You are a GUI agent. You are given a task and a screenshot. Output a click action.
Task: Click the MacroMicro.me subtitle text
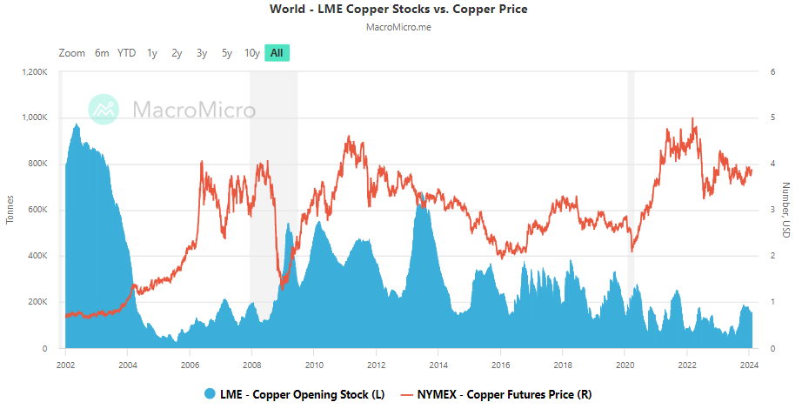click(x=400, y=27)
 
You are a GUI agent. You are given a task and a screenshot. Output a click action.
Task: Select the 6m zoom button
click(x=102, y=53)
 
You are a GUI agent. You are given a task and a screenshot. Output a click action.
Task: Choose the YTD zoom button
click(x=127, y=53)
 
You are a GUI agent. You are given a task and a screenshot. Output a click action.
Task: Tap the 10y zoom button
click(x=251, y=53)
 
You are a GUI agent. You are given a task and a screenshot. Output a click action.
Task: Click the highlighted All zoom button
click(x=277, y=53)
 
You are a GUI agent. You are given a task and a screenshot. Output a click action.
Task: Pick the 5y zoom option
click(x=226, y=53)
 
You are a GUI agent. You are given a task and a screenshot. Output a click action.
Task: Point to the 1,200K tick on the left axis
click(x=33, y=71)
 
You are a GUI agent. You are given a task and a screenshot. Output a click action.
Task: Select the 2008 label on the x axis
click(x=251, y=365)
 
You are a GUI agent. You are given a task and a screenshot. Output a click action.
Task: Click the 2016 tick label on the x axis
click(x=500, y=365)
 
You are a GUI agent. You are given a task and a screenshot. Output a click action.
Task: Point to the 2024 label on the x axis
click(x=749, y=365)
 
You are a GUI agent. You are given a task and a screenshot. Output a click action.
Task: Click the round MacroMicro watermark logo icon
click(x=104, y=111)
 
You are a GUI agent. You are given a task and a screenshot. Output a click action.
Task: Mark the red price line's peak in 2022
click(x=692, y=118)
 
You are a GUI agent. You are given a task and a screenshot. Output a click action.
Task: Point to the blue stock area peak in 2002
click(x=77, y=124)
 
